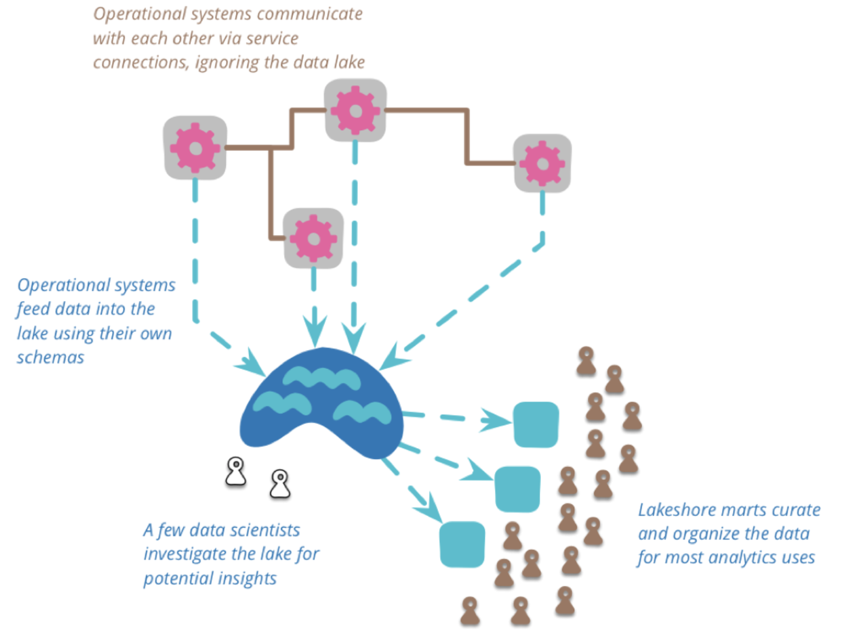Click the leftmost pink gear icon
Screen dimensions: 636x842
(x=195, y=148)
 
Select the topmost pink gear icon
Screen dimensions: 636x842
(x=356, y=111)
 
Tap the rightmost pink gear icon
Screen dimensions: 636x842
(x=542, y=164)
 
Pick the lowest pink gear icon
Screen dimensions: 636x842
(x=313, y=238)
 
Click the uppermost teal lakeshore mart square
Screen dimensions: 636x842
(x=535, y=425)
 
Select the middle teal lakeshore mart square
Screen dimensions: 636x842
(x=517, y=489)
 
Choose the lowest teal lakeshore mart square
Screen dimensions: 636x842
(x=462, y=544)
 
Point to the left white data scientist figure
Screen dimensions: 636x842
(x=236, y=472)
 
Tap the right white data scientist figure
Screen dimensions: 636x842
(x=280, y=484)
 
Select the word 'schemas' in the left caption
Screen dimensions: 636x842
(x=50, y=357)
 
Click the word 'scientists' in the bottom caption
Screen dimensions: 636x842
(x=265, y=530)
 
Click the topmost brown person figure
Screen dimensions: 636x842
(x=586, y=361)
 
